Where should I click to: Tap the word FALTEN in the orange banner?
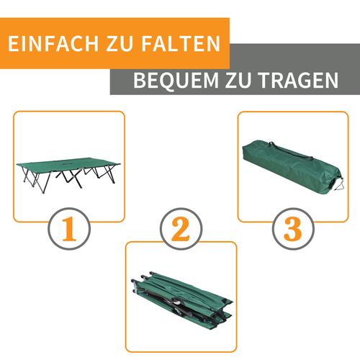pyautogui.click(x=180, y=43)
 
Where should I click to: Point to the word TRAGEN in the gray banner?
pyautogui.click(x=299, y=80)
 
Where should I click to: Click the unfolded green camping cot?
pyautogui.click(x=68, y=169)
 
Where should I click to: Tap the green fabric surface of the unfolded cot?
pyautogui.click(x=65, y=164)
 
